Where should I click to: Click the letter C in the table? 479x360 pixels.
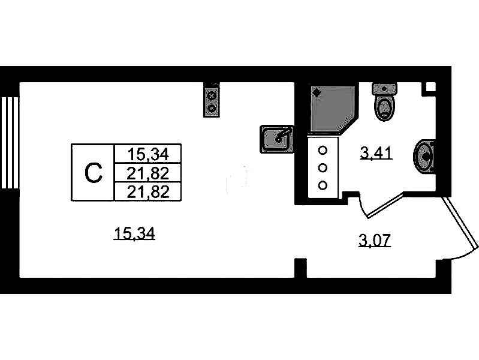pos(92,173)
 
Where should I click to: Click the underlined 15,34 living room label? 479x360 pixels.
pos(134,234)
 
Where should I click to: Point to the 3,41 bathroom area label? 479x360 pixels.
pos(375,154)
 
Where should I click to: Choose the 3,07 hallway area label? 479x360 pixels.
pos(374,241)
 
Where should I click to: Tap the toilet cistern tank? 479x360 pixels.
pos(383,90)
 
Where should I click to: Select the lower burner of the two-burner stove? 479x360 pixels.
pos(212,108)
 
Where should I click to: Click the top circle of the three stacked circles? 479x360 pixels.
pos(323,151)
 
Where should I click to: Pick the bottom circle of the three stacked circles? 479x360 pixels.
pos(323,185)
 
